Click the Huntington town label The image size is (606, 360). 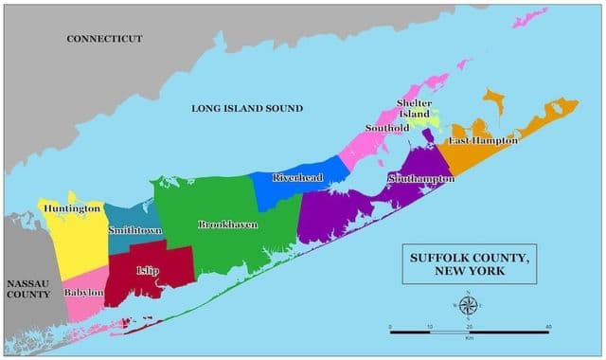pyautogui.click(x=71, y=208)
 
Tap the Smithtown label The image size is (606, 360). pyautogui.click(x=134, y=230)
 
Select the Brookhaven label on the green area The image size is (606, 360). pyautogui.click(x=226, y=225)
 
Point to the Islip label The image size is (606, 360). pyautogui.click(x=148, y=271)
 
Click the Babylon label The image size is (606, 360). pyautogui.click(x=83, y=293)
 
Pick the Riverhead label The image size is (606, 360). pyautogui.click(x=297, y=177)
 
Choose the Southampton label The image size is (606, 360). pyautogui.click(x=420, y=178)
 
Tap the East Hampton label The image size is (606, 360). pyautogui.click(x=483, y=140)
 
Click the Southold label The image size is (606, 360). pyautogui.click(x=387, y=128)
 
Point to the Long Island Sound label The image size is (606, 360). pyautogui.click(x=247, y=109)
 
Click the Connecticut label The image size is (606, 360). pyautogui.click(x=104, y=38)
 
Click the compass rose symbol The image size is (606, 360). pyautogui.click(x=469, y=306)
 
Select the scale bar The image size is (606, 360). pyautogui.click(x=470, y=332)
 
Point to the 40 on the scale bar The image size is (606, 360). pyautogui.click(x=548, y=325)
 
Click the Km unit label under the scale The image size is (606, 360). pyautogui.click(x=469, y=338)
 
